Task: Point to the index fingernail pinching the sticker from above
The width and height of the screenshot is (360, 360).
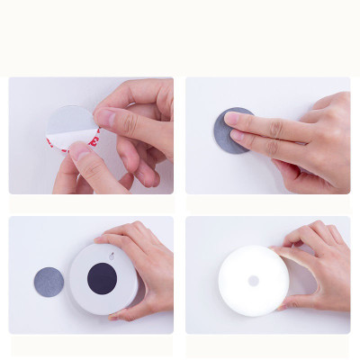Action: (x=105, y=117)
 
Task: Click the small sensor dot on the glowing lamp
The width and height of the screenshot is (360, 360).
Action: (x=253, y=281)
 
